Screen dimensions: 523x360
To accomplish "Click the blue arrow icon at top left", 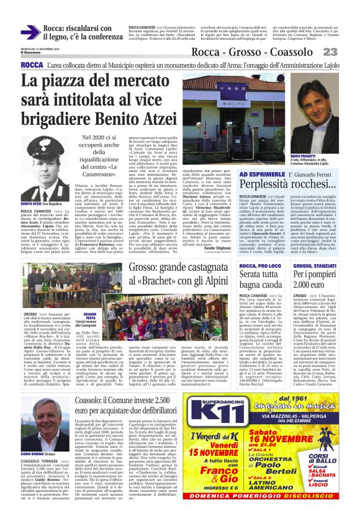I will tap(30, 32).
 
